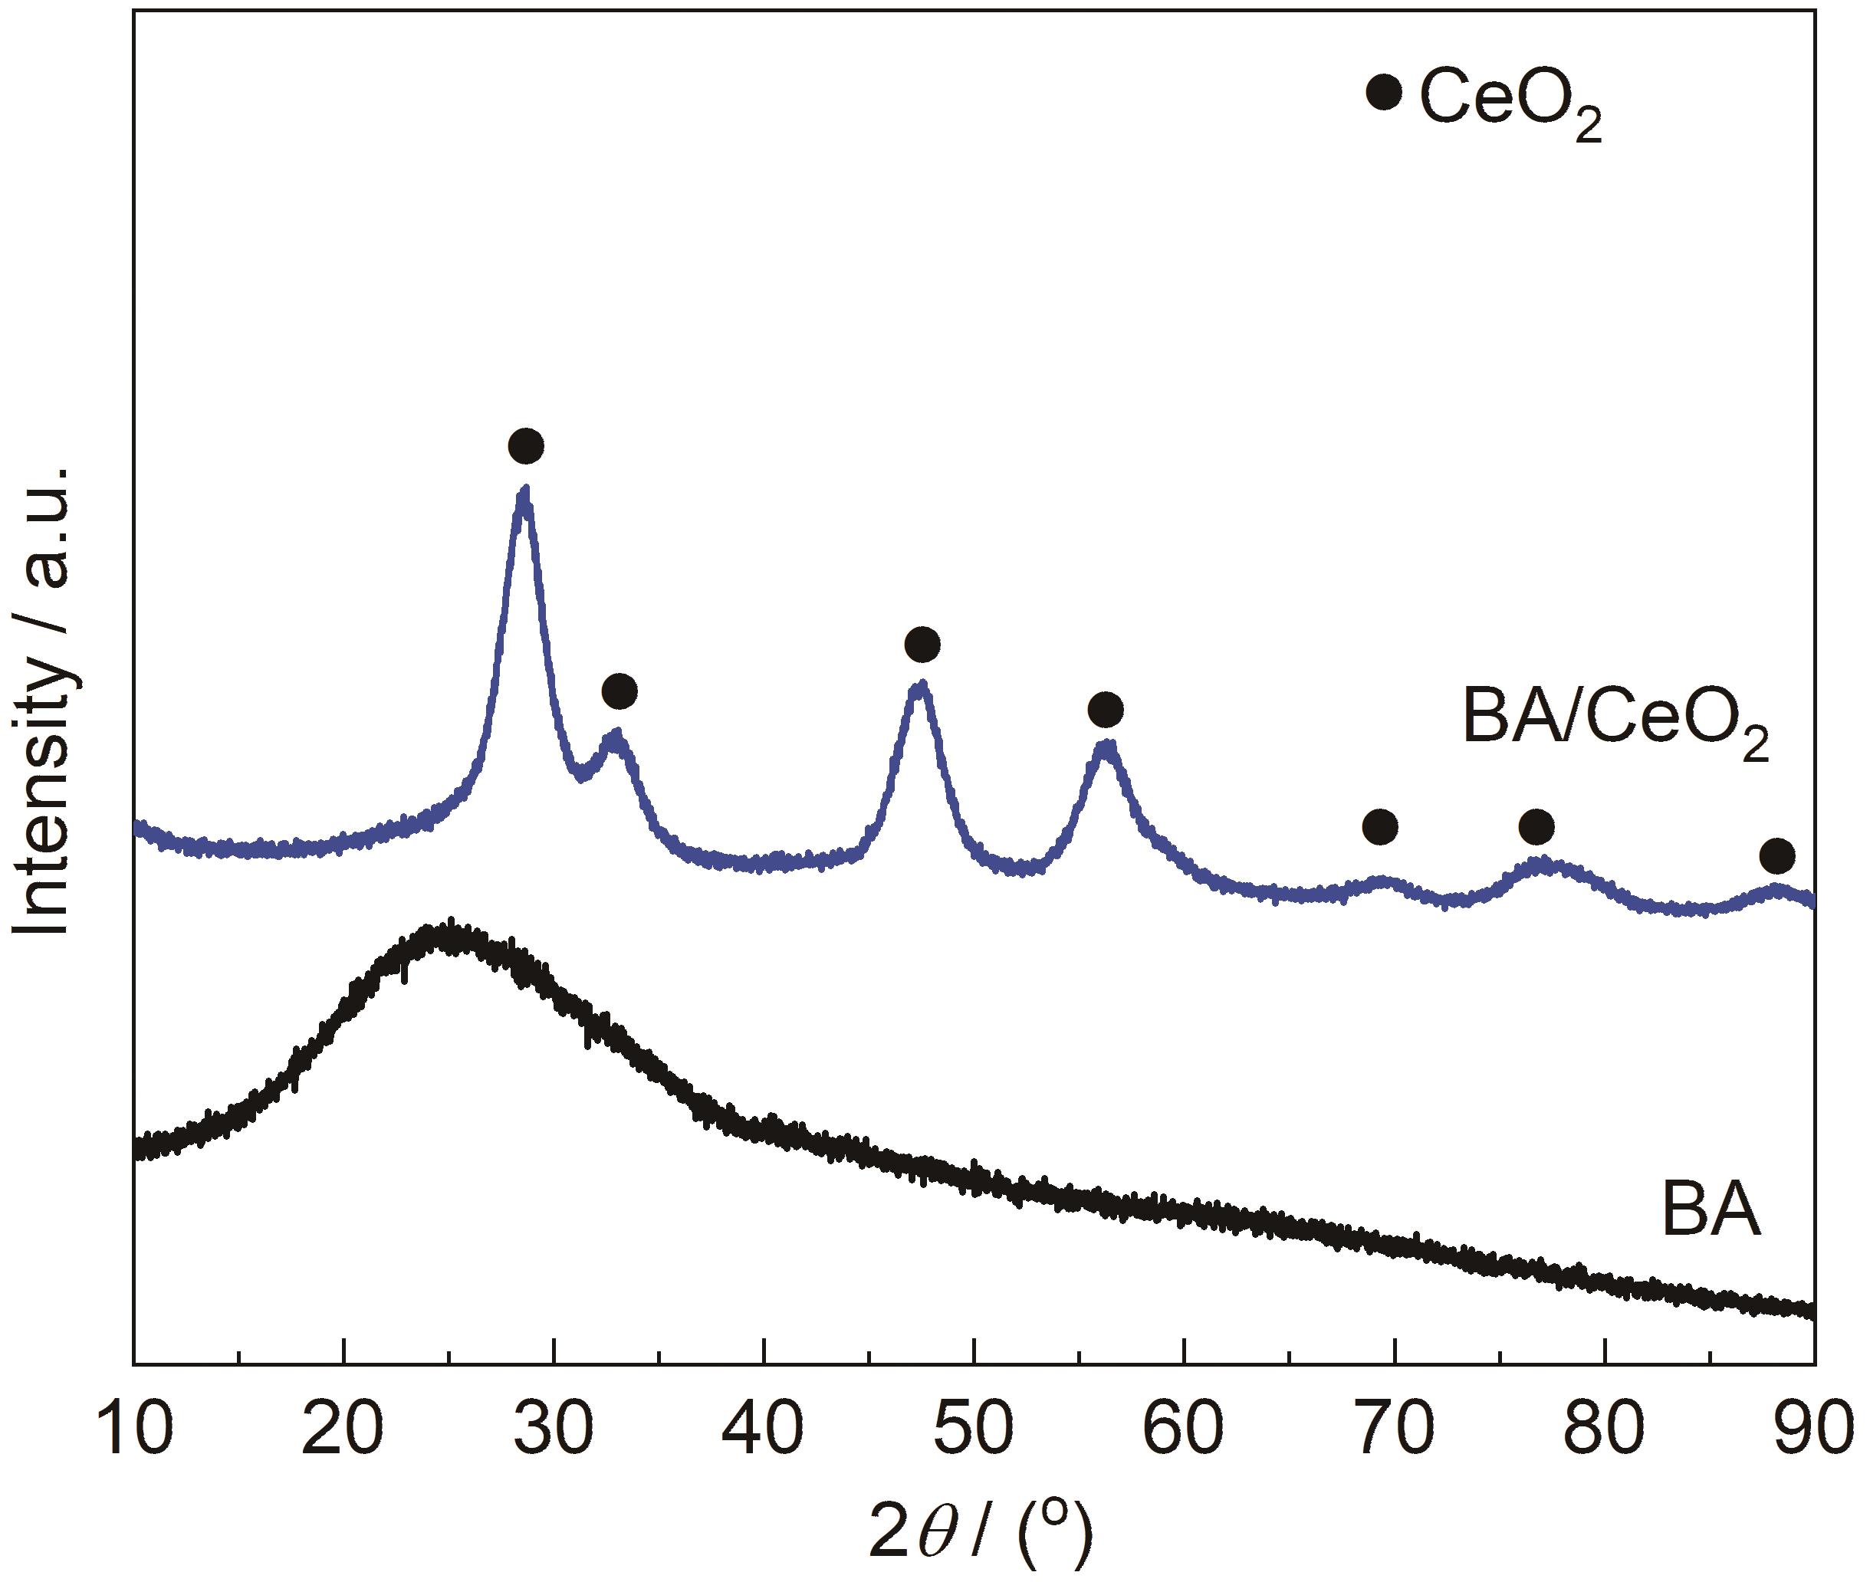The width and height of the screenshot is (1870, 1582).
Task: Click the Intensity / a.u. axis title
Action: (43, 700)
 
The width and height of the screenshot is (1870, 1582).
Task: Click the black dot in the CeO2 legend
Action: (1384, 93)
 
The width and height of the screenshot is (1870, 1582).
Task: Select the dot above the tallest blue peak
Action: (525, 446)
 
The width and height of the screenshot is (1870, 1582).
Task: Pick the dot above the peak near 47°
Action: (922, 644)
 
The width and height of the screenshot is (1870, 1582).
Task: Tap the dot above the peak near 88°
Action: (1778, 856)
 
